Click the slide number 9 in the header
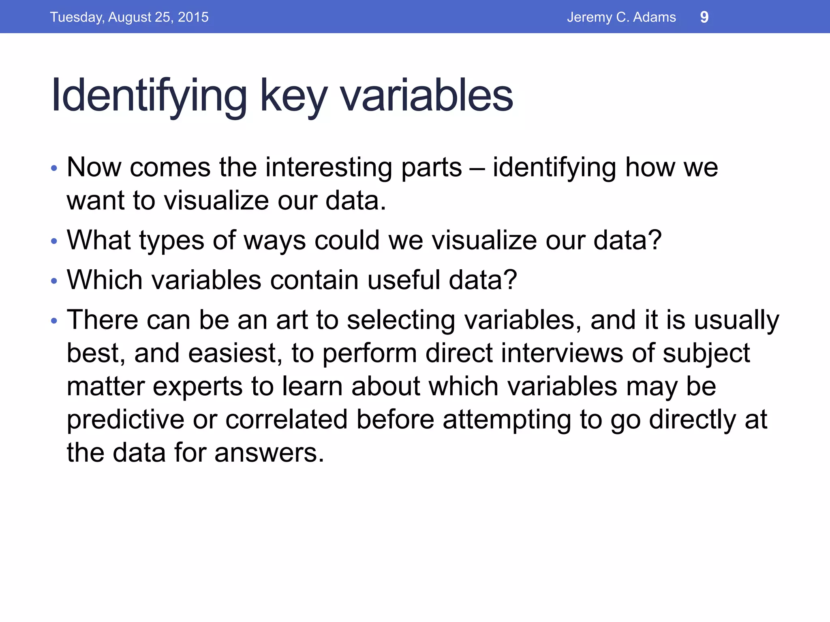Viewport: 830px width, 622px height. (704, 17)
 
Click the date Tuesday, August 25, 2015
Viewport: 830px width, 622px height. (129, 17)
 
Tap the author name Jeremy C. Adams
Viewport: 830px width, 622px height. (621, 17)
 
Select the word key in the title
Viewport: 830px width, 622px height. (293, 96)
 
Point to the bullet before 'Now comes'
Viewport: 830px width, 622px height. (54, 168)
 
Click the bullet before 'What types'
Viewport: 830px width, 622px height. (54, 241)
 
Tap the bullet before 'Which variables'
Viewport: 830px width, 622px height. (54, 281)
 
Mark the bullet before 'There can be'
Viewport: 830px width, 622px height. (54, 321)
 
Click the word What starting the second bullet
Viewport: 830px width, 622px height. (98, 240)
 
